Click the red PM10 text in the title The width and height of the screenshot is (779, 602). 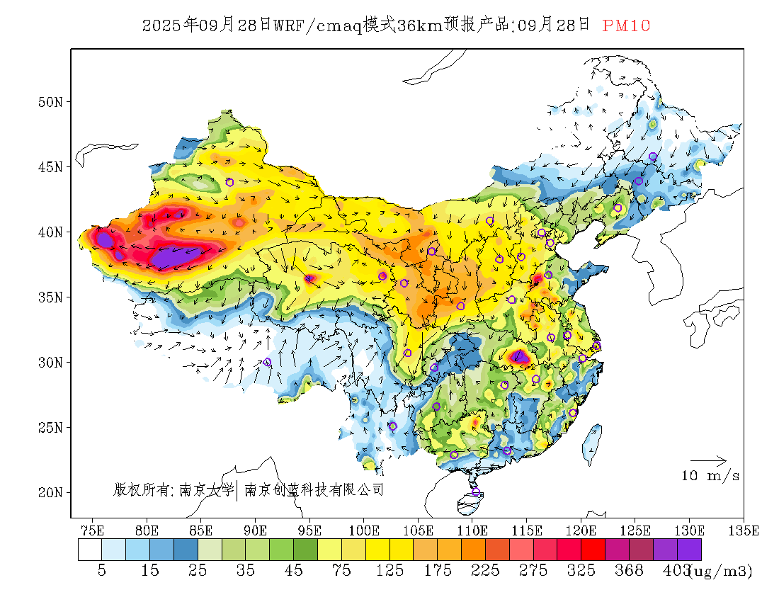pos(626,25)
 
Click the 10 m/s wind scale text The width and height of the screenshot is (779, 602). pos(710,476)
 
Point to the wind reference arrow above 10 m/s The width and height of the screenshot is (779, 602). pos(708,460)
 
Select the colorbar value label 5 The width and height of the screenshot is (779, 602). pos(102,571)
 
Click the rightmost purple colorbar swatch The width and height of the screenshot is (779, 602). pos(689,550)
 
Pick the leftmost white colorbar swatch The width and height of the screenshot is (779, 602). pos(90,550)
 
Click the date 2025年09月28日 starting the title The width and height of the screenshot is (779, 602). pos(206,25)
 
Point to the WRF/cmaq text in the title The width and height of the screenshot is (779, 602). pos(317,25)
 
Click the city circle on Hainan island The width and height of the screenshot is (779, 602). pos(476,492)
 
